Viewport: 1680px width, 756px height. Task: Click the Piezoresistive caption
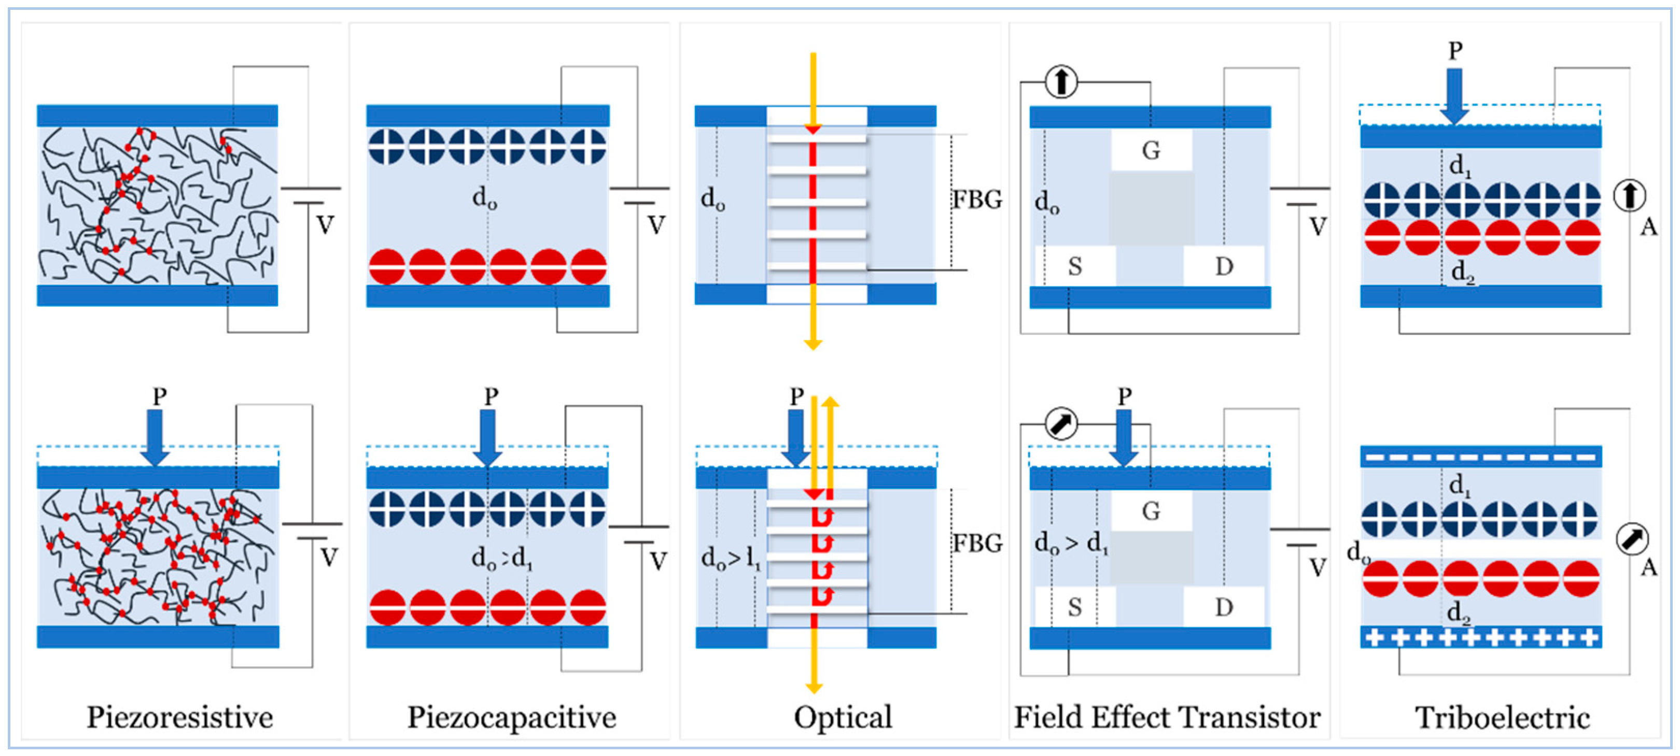(x=180, y=718)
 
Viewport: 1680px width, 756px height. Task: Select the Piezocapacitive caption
(x=512, y=718)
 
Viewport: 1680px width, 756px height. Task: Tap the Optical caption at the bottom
(x=843, y=718)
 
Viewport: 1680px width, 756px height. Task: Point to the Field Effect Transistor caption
(x=1167, y=718)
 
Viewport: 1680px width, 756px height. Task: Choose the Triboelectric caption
(x=1503, y=718)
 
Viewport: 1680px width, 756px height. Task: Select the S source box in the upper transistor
(x=1075, y=266)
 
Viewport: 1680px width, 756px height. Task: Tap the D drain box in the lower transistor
(x=1224, y=607)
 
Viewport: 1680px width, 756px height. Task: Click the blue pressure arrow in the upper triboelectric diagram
(x=1454, y=96)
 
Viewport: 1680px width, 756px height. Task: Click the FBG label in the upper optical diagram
(x=977, y=199)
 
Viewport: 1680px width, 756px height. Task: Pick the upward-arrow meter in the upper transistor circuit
(x=1061, y=81)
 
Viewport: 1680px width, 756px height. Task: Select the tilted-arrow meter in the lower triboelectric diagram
(x=1632, y=539)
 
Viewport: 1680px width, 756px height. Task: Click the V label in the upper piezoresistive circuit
(x=325, y=225)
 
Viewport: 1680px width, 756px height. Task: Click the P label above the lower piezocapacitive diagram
(x=491, y=395)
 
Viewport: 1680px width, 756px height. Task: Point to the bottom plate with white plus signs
(x=1481, y=637)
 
